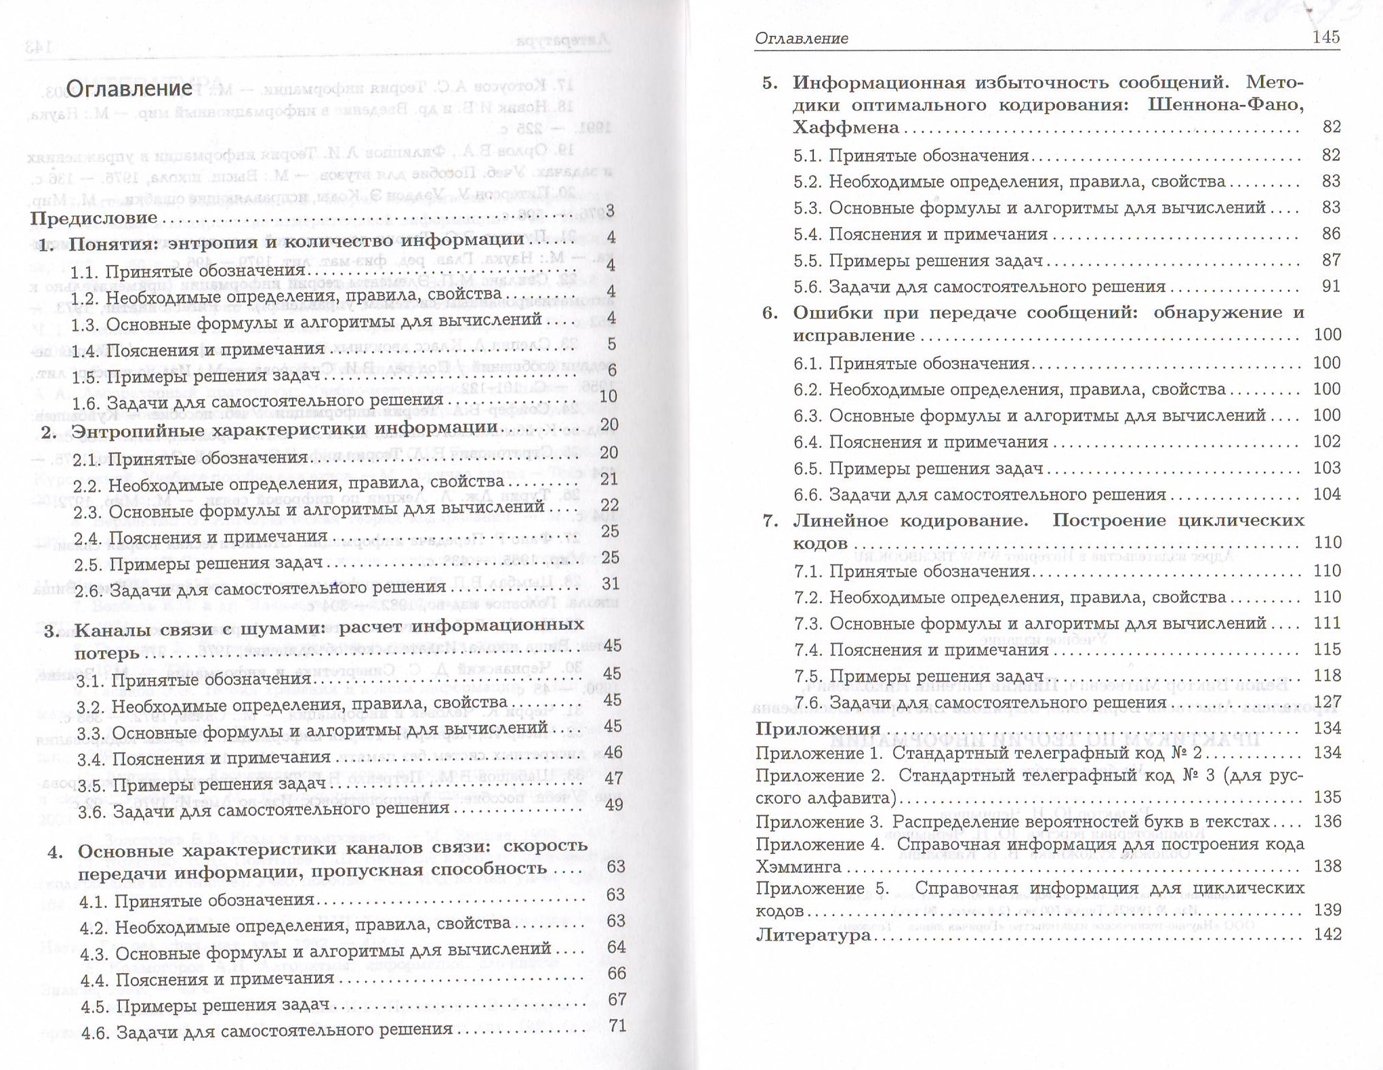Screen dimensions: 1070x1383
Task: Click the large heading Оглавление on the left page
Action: click(129, 89)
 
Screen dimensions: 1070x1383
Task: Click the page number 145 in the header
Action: click(1325, 37)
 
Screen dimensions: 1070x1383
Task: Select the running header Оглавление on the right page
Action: click(801, 39)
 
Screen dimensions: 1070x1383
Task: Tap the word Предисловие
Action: click(94, 218)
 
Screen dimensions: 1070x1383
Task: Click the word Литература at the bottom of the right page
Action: click(812, 935)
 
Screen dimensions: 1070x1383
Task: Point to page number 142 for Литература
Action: click(1327, 934)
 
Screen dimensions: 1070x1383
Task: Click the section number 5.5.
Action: click(807, 261)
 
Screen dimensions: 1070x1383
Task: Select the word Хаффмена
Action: click(846, 128)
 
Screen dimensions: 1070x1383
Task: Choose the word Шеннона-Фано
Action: click(1226, 105)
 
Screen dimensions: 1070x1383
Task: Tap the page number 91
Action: click(1331, 286)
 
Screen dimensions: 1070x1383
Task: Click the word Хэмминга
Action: click(798, 867)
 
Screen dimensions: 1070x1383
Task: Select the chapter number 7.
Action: click(769, 520)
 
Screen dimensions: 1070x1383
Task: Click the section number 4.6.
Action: click(94, 1033)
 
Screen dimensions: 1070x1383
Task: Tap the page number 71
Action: click(617, 1026)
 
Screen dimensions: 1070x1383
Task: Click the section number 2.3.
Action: click(87, 512)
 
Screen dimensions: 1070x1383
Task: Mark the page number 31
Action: click(610, 583)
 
